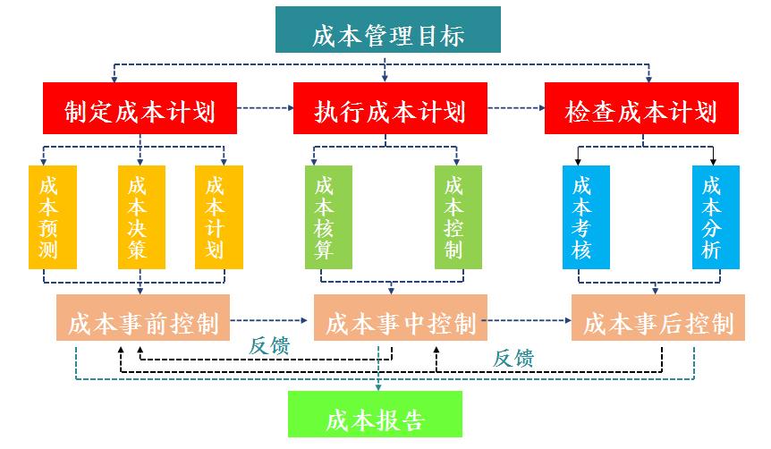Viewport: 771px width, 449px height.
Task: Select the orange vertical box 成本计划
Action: click(215, 217)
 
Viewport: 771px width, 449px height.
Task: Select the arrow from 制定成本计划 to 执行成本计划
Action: click(266, 108)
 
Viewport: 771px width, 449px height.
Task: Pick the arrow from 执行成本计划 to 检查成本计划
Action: click(516, 108)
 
